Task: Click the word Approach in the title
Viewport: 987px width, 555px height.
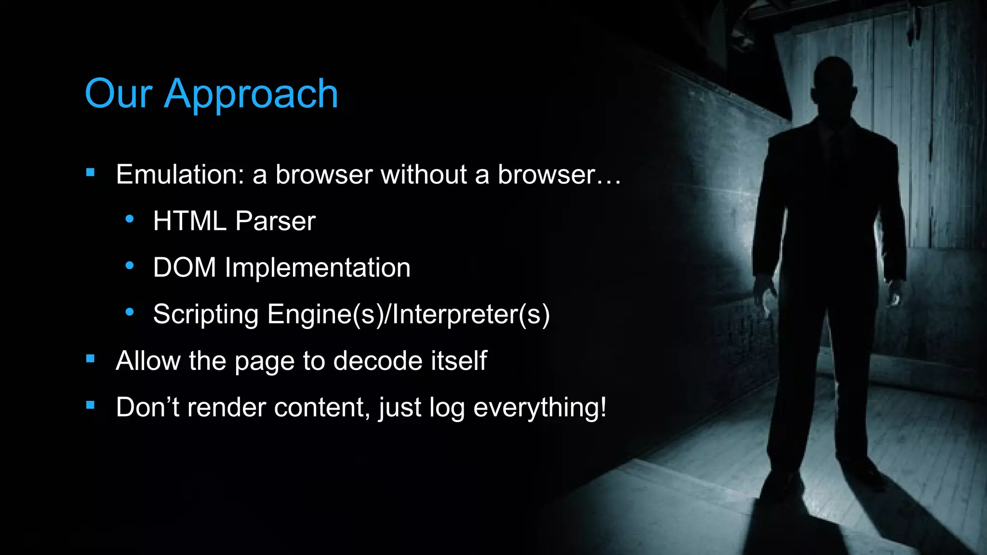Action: (251, 94)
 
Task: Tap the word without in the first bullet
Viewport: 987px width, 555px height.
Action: (424, 174)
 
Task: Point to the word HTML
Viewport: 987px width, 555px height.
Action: (190, 221)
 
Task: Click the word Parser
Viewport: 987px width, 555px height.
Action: (275, 222)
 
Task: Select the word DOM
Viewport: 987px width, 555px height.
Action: (185, 267)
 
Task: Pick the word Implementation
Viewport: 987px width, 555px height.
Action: (318, 268)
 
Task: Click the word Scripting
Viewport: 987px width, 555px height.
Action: (206, 315)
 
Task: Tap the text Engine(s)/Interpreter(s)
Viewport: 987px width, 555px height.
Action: (408, 315)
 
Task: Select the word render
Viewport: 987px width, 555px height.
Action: (227, 408)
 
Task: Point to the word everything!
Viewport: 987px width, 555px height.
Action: (540, 408)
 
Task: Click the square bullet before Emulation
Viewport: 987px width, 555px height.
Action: (90, 172)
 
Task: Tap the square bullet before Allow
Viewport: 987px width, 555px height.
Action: (90, 358)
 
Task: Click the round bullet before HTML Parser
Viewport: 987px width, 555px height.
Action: (129, 219)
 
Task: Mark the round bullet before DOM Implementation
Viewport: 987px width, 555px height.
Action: (129, 265)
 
